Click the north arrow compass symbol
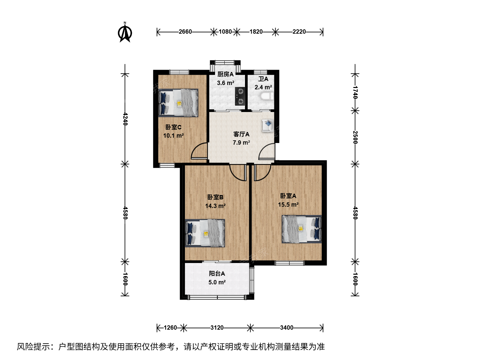point(125,32)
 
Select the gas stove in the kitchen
point(240,96)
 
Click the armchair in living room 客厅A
point(267,125)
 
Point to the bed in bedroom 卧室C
point(178,103)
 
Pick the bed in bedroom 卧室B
point(205,233)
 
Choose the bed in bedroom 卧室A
point(302,229)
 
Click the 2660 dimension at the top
point(185,32)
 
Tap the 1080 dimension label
point(225,32)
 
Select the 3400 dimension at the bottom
point(287,328)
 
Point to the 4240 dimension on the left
point(125,119)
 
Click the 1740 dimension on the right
point(355,92)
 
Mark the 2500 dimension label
point(355,137)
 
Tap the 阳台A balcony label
point(217,273)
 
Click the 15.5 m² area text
point(288,204)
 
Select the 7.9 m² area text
point(241,143)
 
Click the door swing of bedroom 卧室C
point(199,151)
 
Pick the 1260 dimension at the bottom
point(170,328)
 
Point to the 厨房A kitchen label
point(225,74)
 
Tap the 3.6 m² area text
point(226,83)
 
